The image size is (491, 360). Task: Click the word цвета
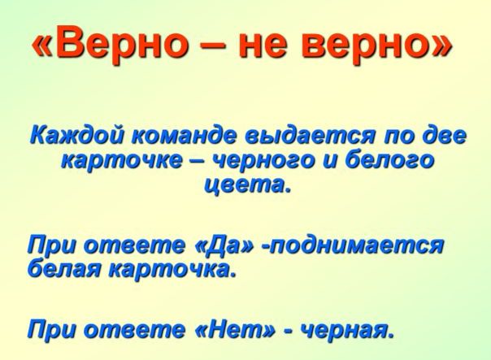(x=246, y=184)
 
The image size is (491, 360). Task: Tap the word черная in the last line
(x=345, y=329)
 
